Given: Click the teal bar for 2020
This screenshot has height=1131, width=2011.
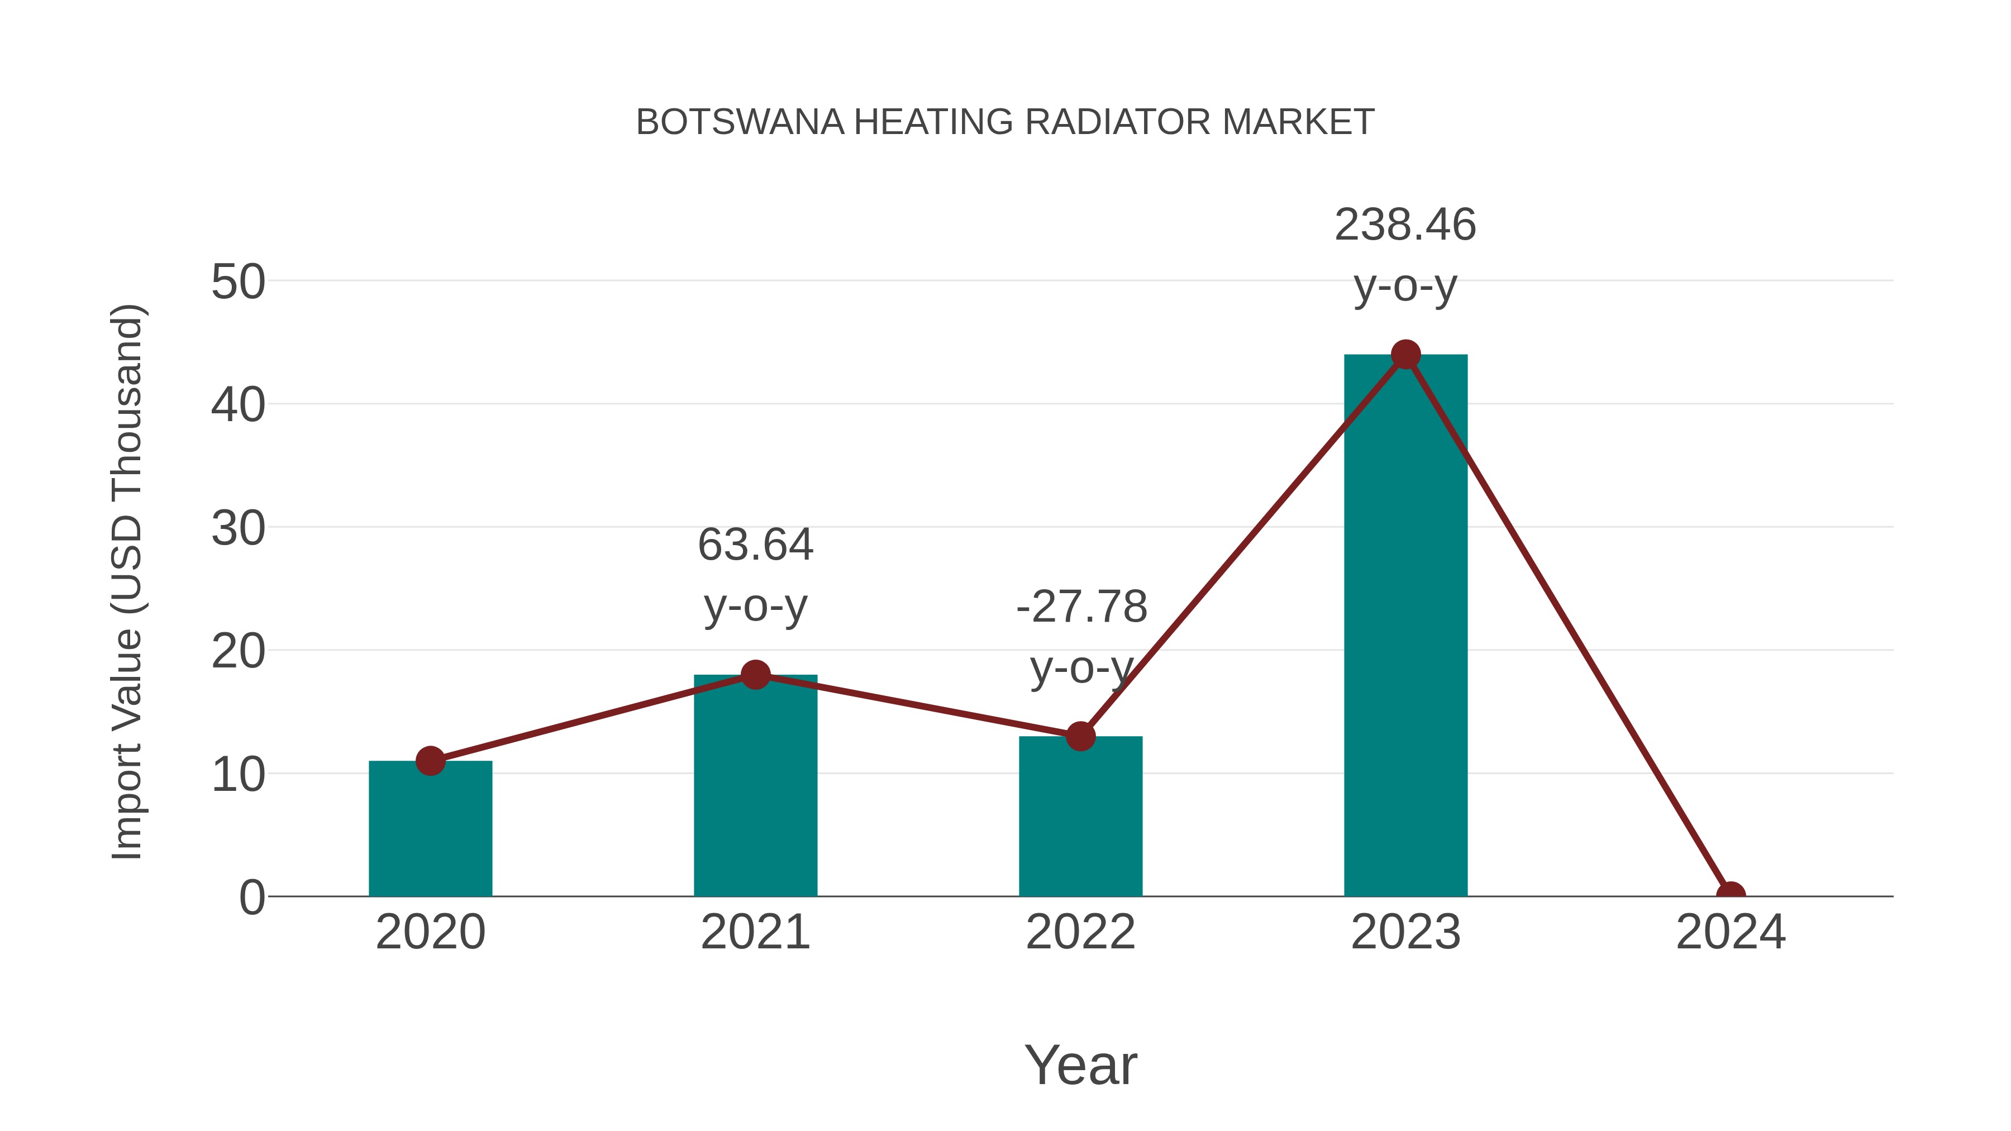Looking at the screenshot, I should point(430,831).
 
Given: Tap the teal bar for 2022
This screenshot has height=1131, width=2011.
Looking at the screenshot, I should point(1080,819).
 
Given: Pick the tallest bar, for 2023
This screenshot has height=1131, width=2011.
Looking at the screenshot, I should point(1405,624).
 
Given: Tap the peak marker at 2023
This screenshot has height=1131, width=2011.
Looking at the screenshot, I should point(1405,354).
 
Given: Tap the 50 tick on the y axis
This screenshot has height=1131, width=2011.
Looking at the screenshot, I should point(238,282).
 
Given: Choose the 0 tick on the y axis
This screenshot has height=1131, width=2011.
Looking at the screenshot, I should point(251,898).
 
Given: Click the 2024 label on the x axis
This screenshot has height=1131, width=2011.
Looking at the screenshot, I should point(1730,932).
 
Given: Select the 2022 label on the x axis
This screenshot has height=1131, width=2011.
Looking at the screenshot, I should point(1080,932).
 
